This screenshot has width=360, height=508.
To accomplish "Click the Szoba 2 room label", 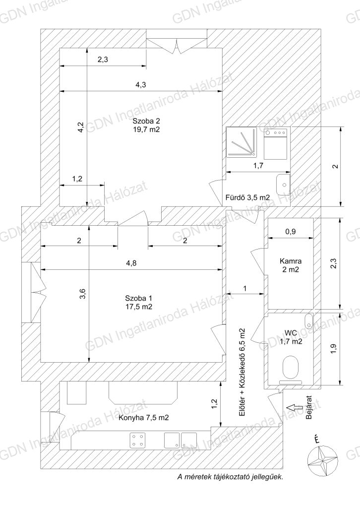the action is tap(146, 126).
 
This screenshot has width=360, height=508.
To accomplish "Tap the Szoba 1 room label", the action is tap(138, 302).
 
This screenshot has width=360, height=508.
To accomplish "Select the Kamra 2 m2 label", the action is tap(291, 265).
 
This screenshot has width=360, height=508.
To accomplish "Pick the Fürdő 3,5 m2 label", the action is tap(247, 197).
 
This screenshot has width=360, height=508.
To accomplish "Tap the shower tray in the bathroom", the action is tap(241, 142).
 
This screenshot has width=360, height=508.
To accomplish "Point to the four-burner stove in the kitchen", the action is tap(137, 441).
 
